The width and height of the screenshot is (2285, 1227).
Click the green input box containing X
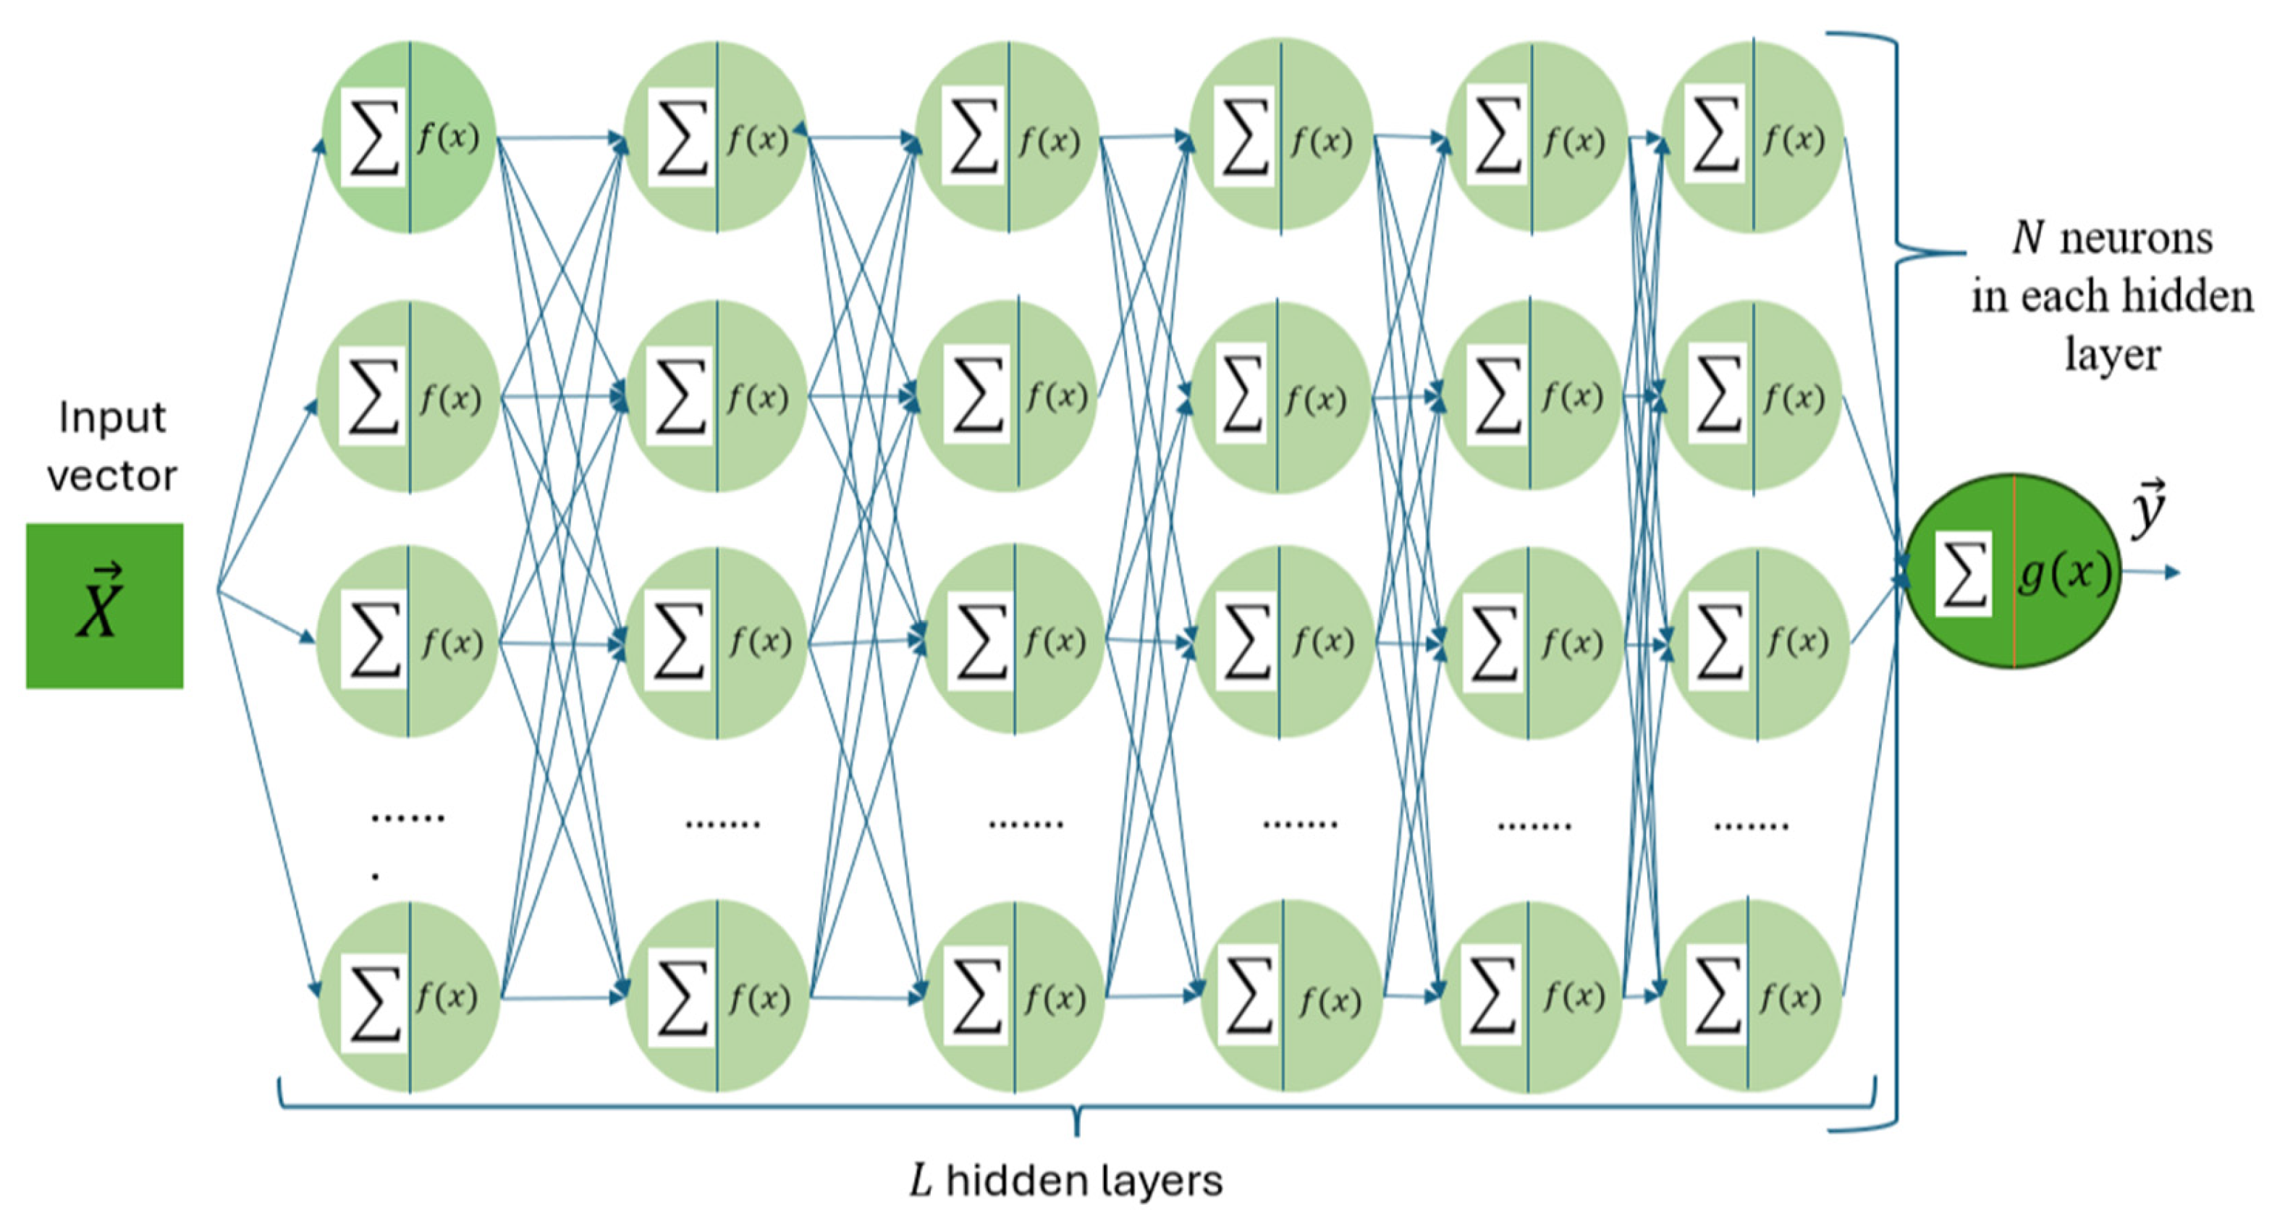(105, 606)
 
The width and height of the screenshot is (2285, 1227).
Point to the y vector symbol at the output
(2148, 507)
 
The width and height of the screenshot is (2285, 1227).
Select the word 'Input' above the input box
(111, 417)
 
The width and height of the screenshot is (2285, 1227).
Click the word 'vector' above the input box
(111, 476)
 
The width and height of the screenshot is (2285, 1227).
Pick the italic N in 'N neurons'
(2030, 237)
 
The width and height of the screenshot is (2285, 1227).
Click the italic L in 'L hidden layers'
(921, 1181)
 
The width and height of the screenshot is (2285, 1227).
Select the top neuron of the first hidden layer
(409, 137)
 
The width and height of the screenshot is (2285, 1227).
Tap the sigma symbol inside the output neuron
(1964, 573)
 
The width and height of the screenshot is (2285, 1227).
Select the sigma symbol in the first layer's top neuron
(373, 138)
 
